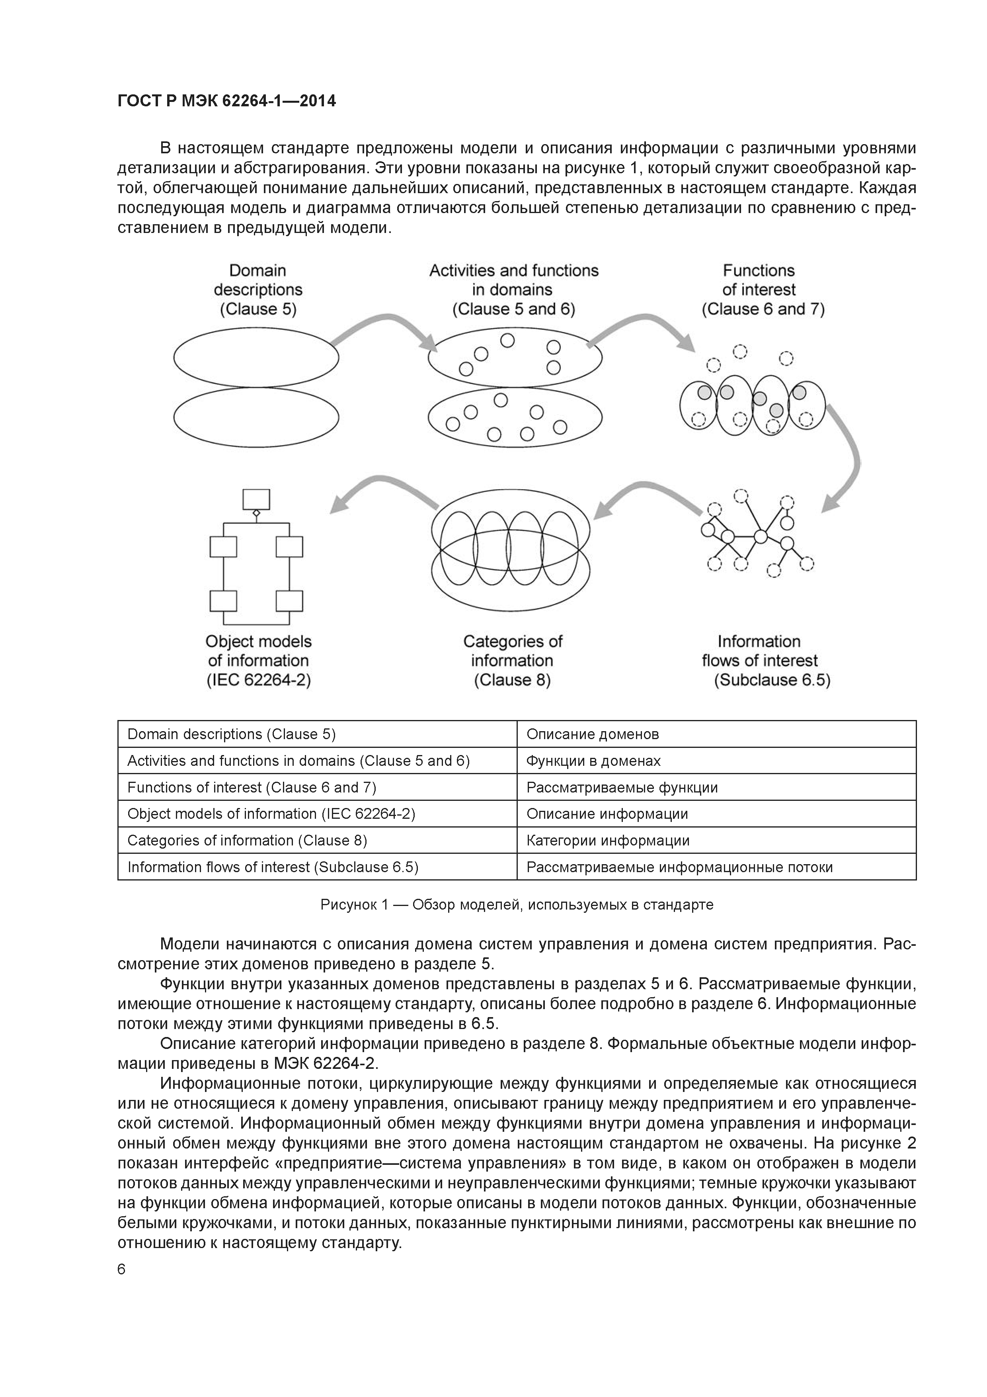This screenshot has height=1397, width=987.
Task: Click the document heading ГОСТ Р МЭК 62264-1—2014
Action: click(226, 101)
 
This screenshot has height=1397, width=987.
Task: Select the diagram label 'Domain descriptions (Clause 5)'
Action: click(258, 290)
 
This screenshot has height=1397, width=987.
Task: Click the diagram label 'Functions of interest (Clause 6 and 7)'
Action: click(763, 290)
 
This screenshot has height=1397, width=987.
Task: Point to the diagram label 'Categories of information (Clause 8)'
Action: click(513, 660)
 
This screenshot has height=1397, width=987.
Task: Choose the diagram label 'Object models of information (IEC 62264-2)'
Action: click(258, 660)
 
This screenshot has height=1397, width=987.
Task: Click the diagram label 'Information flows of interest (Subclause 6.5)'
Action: click(765, 660)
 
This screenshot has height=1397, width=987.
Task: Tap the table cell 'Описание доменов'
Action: click(592, 734)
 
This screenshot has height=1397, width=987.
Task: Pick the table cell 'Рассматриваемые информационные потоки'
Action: click(679, 867)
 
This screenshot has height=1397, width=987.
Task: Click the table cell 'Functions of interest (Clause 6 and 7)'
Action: click(252, 787)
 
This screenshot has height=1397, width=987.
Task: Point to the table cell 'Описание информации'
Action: click(607, 814)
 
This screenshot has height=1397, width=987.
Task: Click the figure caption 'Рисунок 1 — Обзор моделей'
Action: click(516, 905)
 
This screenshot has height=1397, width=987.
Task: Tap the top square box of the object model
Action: click(256, 499)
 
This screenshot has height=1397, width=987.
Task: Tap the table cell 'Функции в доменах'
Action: click(593, 761)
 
